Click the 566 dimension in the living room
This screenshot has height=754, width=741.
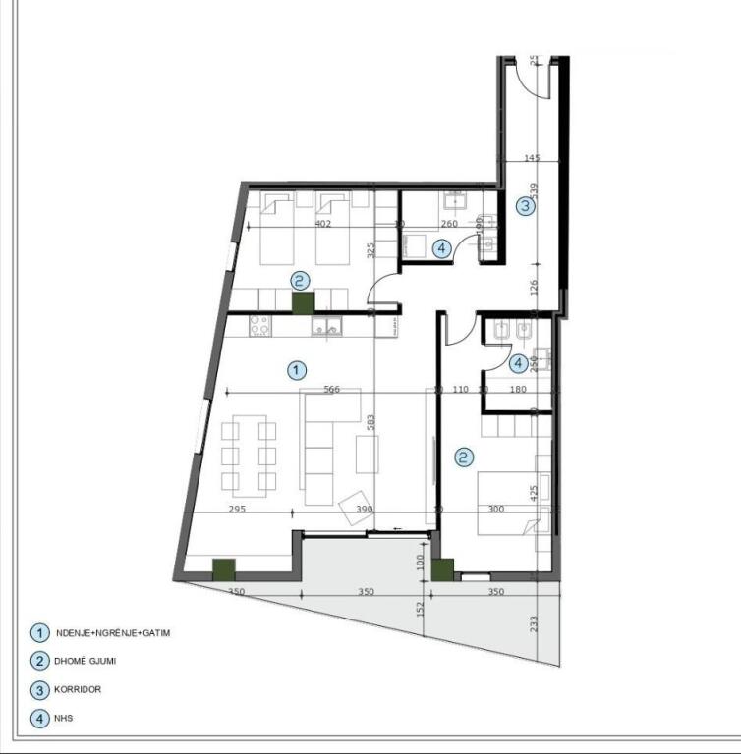pyautogui.click(x=331, y=390)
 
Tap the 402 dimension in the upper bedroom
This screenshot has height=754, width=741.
pyautogui.click(x=322, y=224)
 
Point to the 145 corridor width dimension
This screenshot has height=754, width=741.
pyautogui.click(x=532, y=158)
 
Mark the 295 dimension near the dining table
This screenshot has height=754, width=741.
pyautogui.click(x=236, y=510)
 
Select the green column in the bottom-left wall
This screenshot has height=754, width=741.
pyautogui.click(x=225, y=567)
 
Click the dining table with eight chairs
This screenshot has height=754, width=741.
pyautogui.click(x=249, y=455)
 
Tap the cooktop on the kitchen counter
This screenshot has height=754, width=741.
pyautogui.click(x=259, y=325)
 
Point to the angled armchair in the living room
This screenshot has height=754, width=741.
pyautogui.click(x=356, y=509)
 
